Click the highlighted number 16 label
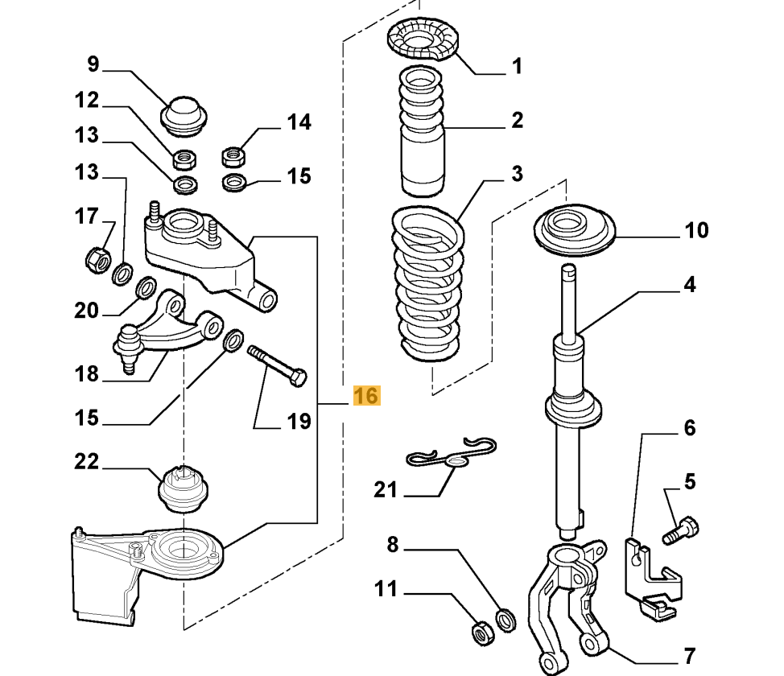[365, 396]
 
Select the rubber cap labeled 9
[184, 115]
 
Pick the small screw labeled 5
[680, 530]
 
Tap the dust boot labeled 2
[422, 133]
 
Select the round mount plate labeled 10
[574, 232]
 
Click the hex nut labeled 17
[97, 259]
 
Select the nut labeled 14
[233, 153]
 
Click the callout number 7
[690, 654]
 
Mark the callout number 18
[86, 373]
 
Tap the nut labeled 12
[186, 154]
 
